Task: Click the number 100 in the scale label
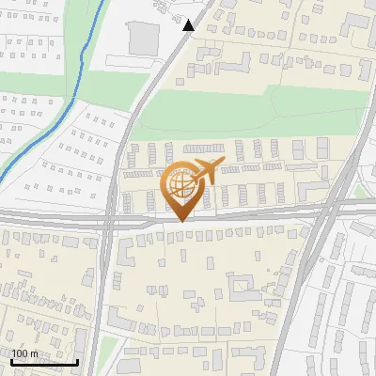(21, 354)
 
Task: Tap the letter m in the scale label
(34, 354)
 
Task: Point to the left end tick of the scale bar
(10, 362)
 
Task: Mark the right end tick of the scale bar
(77, 362)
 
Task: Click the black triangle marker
(189, 25)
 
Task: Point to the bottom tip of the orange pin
(180, 222)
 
